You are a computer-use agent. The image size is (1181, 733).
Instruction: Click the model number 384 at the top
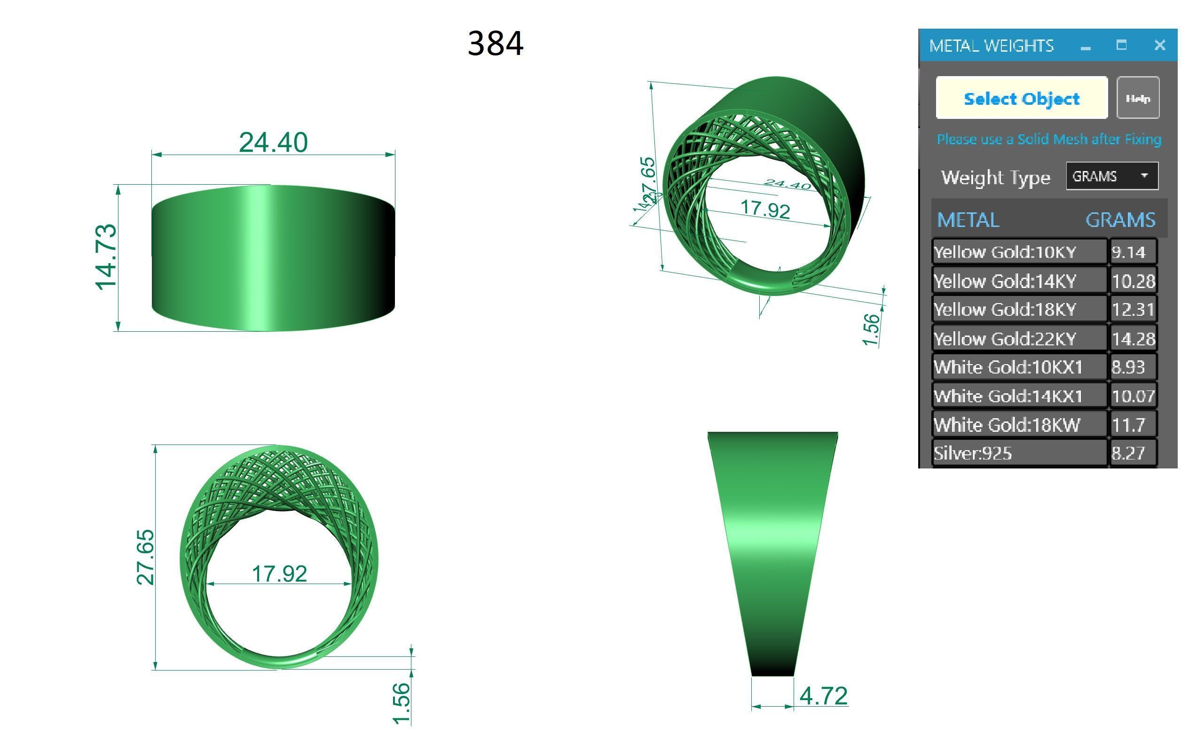[495, 43]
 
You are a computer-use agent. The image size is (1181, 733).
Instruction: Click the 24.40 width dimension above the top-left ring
[273, 142]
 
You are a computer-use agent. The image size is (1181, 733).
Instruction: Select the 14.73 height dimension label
[106, 257]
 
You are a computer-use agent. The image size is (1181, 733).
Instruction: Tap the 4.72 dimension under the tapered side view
[824, 696]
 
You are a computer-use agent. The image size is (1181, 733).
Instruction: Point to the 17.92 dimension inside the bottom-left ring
[279, 574]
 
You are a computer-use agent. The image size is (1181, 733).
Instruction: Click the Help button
[1137, 98]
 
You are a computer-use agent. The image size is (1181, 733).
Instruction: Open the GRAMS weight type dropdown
[1111, 176]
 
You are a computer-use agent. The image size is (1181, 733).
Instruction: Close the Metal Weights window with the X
[1159, 45]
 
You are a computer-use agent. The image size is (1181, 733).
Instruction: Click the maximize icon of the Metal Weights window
[1121, 45]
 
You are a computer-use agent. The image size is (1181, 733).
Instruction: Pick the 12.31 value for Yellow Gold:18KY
[1133, 309]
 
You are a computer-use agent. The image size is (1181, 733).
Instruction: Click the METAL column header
[968, 219]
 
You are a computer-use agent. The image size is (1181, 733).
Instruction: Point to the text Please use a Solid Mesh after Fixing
[1048, 139]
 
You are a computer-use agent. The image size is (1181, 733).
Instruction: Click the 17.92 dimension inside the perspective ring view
[765, 209]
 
